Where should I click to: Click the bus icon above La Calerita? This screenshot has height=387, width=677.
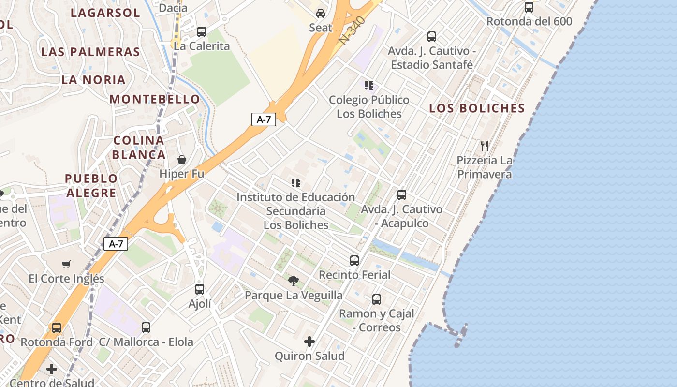202,32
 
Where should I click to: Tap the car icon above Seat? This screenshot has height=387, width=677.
321,13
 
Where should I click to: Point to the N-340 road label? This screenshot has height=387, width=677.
352,30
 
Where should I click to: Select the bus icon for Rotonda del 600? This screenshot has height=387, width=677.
529,7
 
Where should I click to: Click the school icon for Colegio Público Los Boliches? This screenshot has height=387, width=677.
369,86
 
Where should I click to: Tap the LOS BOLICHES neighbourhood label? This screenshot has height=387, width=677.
477,108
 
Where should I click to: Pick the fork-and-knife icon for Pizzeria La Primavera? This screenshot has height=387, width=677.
485,146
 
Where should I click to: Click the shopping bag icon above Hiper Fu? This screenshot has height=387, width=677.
182,160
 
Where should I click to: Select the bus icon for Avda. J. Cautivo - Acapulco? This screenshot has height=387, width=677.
401,195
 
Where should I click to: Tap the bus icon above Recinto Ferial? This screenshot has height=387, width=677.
354,261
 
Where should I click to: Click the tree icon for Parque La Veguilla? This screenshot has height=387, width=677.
293,281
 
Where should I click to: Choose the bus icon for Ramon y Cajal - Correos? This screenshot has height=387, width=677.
377,299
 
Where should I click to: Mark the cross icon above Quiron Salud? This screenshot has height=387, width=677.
309,342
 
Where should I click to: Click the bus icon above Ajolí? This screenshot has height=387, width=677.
200,289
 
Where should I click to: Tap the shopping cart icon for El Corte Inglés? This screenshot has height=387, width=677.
66,264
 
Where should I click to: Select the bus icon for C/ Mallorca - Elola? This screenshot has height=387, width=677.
146,327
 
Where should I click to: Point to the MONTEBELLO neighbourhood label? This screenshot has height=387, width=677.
155,99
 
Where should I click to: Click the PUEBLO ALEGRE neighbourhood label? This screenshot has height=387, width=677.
91,186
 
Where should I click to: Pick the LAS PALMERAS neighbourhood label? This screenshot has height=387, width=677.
90,52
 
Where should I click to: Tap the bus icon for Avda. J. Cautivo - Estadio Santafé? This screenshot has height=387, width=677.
431,37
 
